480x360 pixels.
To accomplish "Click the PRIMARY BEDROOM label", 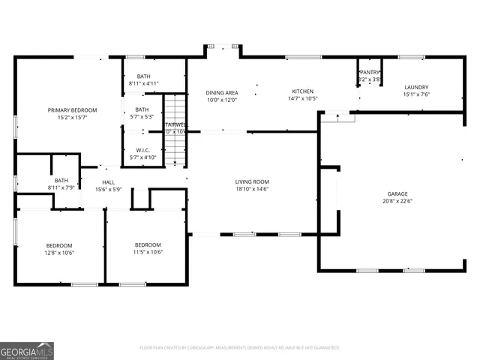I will click(x=73, y=110).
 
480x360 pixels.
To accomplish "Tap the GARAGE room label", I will click(x=397, y=194).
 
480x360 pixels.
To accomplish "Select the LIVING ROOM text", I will click(x=252, y=182).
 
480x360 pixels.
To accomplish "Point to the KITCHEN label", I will click(x=303, y=91).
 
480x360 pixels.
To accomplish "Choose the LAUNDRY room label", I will click(x=416, y=87).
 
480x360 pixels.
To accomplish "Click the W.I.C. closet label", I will click(x=142, y=150).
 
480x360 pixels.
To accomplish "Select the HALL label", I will click(x=109, y=182).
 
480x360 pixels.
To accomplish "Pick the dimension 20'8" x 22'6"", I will click(x=397, y=201).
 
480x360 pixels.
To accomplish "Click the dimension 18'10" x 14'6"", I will click(x=252, y=189).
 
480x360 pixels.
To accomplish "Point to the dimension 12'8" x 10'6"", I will click(x=59, y=253).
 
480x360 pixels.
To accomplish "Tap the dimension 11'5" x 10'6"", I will click(x=148, y=253).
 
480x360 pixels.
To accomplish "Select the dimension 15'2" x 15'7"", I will click(x=73, y=117).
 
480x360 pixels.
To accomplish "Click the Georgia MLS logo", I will click(x=27, y=350).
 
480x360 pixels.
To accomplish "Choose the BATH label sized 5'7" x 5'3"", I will click(x=142, y=109).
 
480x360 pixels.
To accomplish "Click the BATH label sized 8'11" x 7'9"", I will click(x=61, y=180).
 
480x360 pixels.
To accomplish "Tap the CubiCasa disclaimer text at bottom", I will click(x=240, y=348).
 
